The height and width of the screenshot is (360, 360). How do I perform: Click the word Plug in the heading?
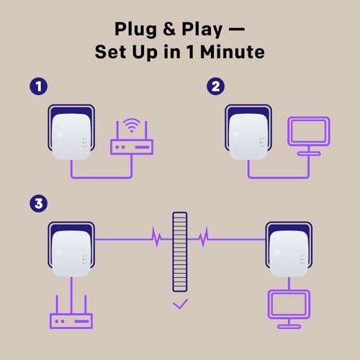tap(135, 30)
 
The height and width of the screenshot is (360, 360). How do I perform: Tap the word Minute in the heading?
tap(233, 52)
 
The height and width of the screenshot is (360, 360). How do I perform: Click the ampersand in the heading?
tap(169, 29)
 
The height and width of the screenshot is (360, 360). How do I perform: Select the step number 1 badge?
tap(38, 86)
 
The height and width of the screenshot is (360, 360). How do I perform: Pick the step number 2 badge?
tap(215, 86)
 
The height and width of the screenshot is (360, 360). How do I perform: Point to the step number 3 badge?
tap(38, 204)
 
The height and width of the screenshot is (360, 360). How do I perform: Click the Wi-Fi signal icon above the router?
tap(132, 125)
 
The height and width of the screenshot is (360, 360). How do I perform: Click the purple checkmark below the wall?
tap(181, 304)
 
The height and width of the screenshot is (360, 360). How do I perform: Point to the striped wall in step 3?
tap(180, 252)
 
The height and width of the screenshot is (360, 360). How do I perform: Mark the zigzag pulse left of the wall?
tap(157, 237)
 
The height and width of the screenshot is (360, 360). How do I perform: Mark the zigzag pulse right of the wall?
tap(204, 237)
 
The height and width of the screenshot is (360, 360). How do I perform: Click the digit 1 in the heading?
tap(191, 52)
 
